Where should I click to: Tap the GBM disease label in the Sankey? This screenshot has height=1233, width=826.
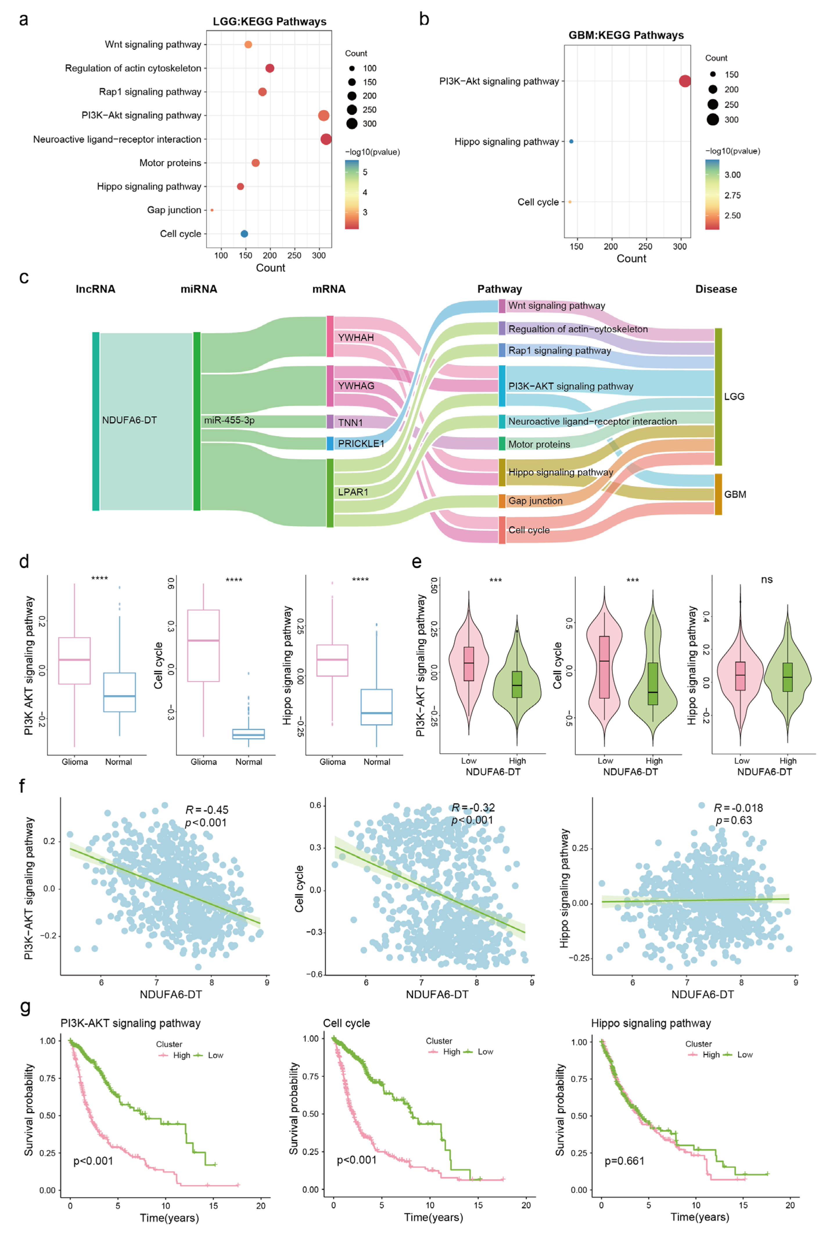(735, 494)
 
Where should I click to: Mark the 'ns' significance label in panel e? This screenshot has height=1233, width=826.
(766, 580)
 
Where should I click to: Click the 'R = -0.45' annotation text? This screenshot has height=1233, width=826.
(207, 810)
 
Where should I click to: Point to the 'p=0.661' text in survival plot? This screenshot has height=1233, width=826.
(624, 1161)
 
